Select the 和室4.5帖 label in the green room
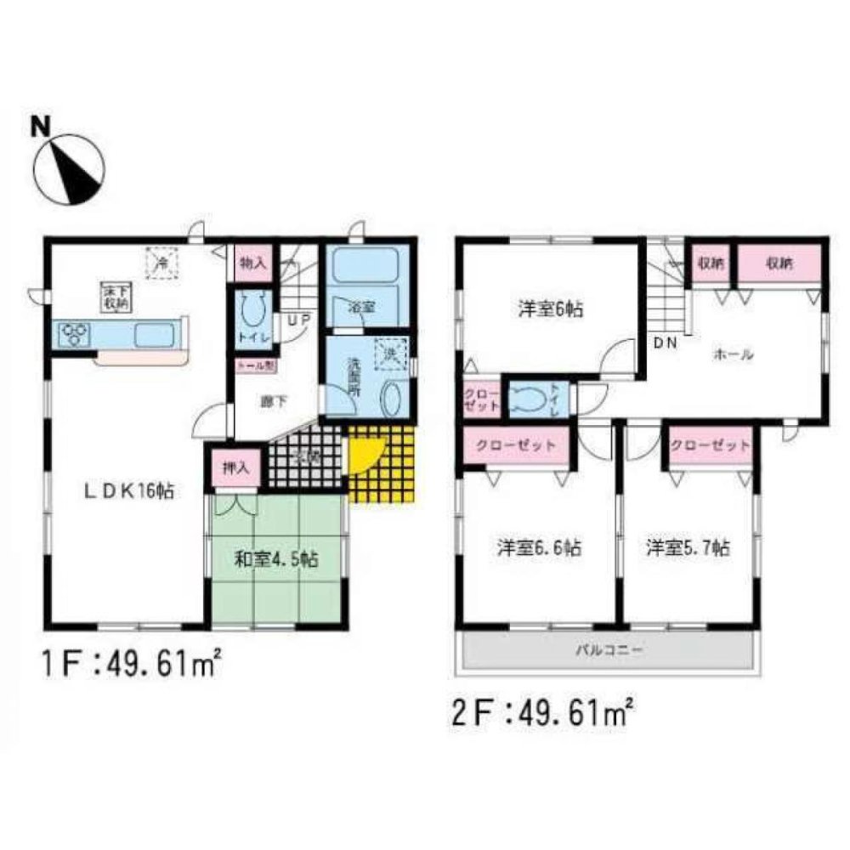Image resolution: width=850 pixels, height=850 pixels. [275, 559]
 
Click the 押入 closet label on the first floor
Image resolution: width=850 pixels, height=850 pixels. [234, 467]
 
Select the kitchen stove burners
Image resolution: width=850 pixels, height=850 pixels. [74, 335]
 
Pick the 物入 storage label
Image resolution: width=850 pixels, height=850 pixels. [252, 263]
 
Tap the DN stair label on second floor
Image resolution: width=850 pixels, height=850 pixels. [664, 343]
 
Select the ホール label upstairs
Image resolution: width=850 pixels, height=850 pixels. [735, 354]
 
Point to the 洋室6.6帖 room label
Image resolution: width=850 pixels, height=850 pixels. [539, 548]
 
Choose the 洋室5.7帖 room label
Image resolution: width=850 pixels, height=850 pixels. [687, 548]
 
